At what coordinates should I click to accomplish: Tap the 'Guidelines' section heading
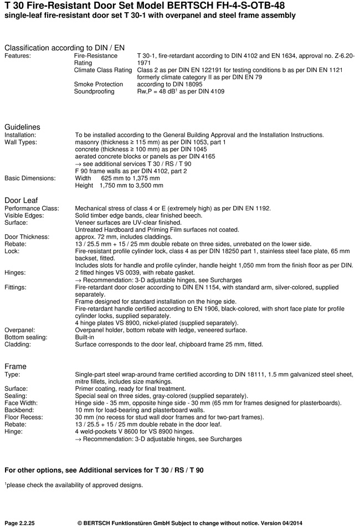[x=22, y=127]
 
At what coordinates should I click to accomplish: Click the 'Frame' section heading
[x=16, y=366]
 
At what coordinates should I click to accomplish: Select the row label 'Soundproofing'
[x=94, y=91]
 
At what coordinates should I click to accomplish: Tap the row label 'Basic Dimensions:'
[x=30, y=178]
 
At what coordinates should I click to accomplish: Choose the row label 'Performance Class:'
[x=32, y=208]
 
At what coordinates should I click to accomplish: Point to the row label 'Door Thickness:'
[x=28, y=237]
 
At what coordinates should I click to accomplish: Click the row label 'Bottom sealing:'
[x=26, y=337]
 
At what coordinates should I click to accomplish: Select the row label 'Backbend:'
[x=20, y=410]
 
